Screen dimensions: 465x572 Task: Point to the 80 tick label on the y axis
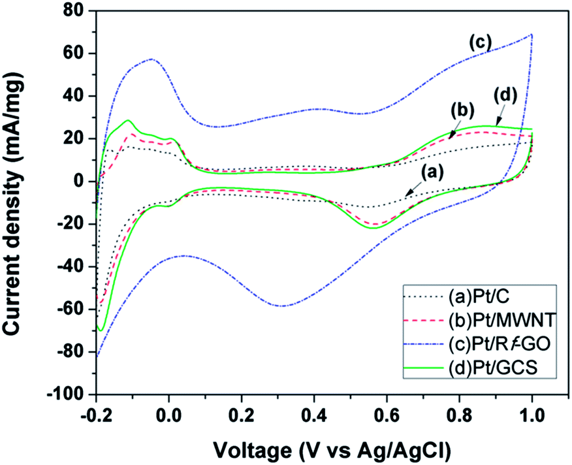click(77, 11)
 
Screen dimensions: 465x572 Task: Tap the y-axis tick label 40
click(77, 96)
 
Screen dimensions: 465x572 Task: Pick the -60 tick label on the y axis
click(73, 310)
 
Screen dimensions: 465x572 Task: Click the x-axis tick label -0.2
click(95, 415)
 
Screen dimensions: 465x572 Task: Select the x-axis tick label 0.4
click(314, 415)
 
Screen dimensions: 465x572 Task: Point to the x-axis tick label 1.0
click(532, 415)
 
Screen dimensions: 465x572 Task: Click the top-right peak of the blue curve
click(532, 34)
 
